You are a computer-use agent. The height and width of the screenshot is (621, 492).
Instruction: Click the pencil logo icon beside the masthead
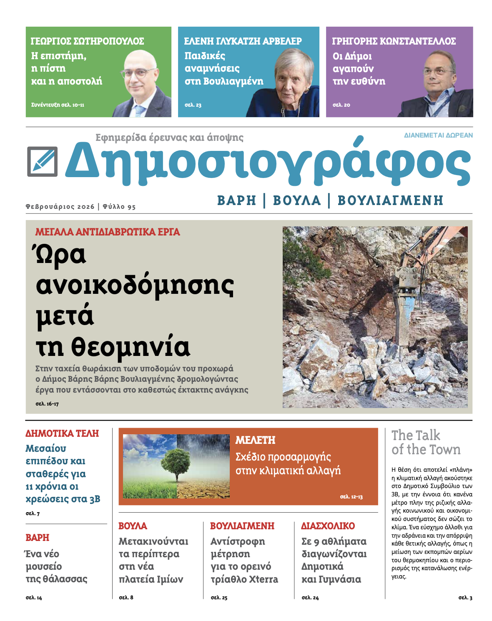[x=42, y=161]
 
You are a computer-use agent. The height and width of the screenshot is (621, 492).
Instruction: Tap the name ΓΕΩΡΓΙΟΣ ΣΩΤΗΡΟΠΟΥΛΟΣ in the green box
[x=87, y=41]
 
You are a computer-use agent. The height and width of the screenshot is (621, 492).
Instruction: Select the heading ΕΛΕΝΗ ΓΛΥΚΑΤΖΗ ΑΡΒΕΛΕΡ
[x=243, y=41]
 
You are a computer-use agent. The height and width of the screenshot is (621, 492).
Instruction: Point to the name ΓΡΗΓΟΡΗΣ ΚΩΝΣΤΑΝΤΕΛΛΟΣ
[x=394, y=41]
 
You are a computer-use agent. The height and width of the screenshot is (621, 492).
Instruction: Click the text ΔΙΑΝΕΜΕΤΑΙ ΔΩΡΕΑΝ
[x=438, y=135]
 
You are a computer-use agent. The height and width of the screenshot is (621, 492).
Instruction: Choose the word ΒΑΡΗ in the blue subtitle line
[x=236, y=200]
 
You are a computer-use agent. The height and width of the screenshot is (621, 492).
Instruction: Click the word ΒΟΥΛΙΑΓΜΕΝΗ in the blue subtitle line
[x=390, y=200]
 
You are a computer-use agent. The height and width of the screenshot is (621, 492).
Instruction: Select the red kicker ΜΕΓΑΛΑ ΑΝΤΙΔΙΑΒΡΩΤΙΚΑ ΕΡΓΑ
[x=108, y=232]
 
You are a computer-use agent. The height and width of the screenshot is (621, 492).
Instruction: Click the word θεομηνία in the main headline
[x=131, y=347]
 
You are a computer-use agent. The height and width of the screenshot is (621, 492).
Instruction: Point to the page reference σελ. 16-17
[x=47, y=404]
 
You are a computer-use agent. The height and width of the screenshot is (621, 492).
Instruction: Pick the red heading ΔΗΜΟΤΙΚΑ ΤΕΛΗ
[x=62, y=433]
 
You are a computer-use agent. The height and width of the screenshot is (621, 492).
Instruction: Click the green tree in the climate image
[x=176, y=462]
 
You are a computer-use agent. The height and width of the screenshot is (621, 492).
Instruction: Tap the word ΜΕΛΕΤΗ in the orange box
[x=255, y=440]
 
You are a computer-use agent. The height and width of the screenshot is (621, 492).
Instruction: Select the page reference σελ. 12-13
[x=351, y=497]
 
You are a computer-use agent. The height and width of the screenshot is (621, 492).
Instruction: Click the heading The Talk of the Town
[x=426, y=442]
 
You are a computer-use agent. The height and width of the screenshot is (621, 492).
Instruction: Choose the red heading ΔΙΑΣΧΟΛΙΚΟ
[x=328, y=526]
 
